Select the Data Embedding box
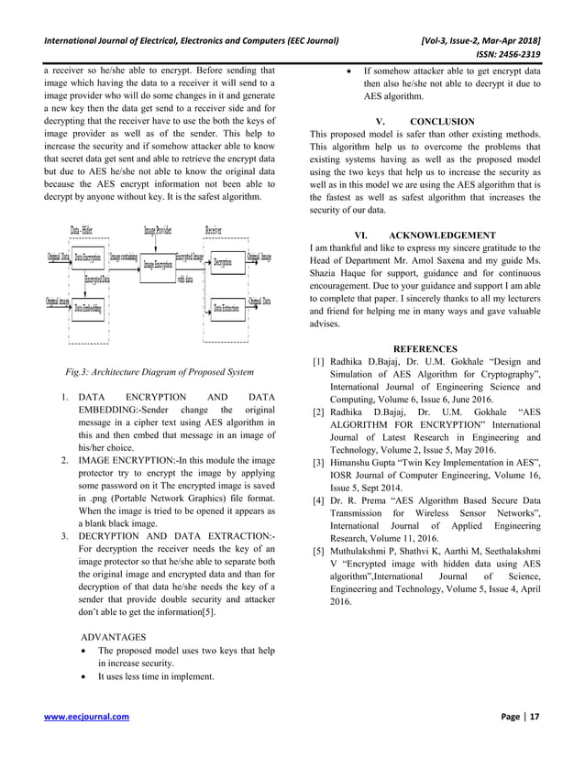(x=89, y=308)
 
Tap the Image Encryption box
(x=157, y=264)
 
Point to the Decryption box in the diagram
(x=221, y=260)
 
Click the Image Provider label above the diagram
(x=158, y=230)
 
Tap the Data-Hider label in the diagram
(x=88, y=230)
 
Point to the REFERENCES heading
(x=425, y=348)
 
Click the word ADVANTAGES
(x=113, y=634)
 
